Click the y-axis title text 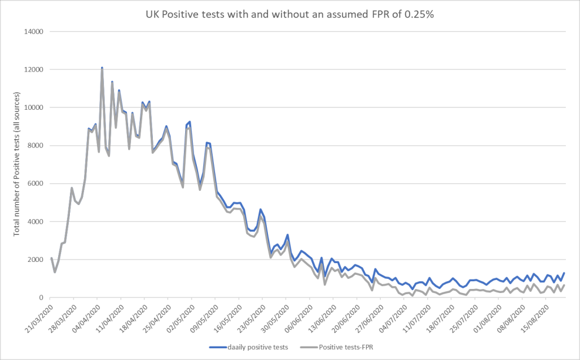17,164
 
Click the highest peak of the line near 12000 102,68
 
